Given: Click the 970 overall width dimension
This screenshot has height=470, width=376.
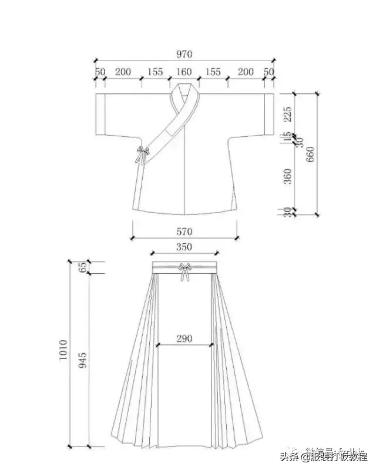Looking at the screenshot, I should [184, 54].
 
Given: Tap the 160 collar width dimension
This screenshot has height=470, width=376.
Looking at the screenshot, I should [184, 72].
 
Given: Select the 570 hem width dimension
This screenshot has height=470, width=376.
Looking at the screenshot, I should [184, 231].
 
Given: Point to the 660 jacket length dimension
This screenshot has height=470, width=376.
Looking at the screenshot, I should [311, 154].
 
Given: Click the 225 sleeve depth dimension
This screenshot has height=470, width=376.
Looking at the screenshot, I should [287, 113].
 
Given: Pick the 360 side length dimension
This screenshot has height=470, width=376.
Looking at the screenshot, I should [287, 176].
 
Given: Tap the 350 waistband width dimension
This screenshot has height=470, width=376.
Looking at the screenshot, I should [184, 247].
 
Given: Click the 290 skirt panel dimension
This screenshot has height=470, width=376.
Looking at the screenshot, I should [184, 338].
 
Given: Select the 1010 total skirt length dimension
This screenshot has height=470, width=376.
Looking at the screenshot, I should [63, 351].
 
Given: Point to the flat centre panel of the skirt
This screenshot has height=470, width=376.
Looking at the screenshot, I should [184, 399].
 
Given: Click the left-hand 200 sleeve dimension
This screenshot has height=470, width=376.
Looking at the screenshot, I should [123, 72].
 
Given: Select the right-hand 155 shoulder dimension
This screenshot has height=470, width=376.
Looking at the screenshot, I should [213, 72].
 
